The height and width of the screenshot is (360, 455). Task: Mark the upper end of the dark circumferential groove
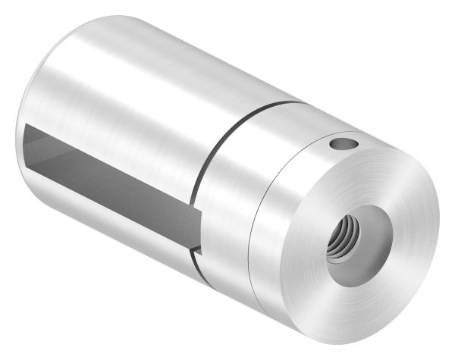click(x=292, y=103)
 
